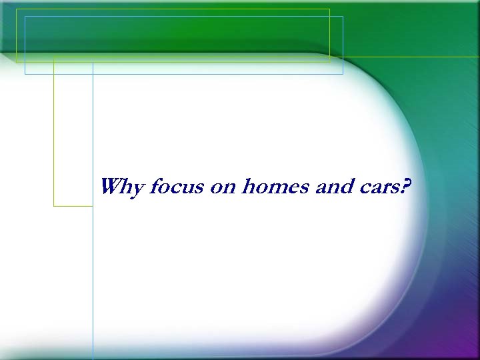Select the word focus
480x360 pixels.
[176, 187]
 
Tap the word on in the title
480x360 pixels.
[223, 187]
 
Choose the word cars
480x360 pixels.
[379, 187]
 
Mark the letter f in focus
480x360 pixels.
[154, 187]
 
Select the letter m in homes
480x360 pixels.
[276, 188]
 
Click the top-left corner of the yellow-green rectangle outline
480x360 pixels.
[17, 9]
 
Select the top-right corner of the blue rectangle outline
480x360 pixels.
[343, 17]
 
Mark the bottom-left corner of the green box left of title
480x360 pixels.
[54, 206]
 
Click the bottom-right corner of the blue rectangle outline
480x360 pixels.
[343, 74]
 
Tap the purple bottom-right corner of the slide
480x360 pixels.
[469, 351]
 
